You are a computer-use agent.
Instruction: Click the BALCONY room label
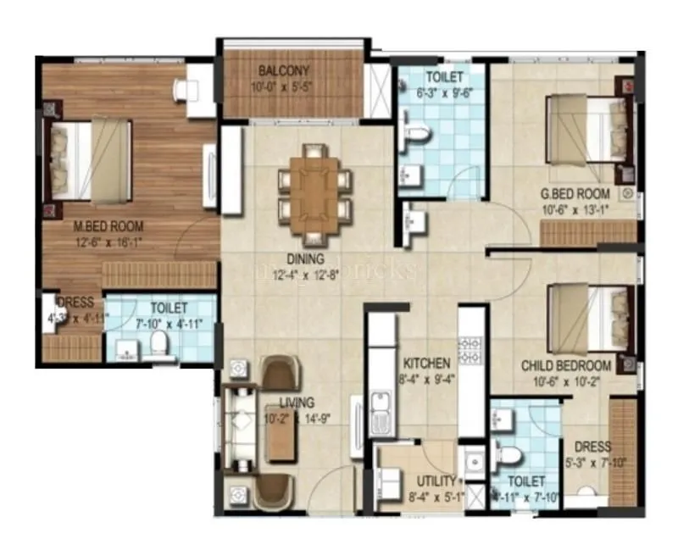click(x=284, y=70)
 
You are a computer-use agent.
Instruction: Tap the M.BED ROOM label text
click(x=108, y=226)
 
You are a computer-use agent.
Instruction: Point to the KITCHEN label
click(x=426, y=363)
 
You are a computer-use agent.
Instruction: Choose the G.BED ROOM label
click(x=576, y=194)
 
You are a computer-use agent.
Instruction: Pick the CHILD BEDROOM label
click(x=566, y=365)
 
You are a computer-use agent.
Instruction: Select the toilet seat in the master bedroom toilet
click(x=158, y=342)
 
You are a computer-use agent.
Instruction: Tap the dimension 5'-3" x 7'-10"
click(x=592, y=463)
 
